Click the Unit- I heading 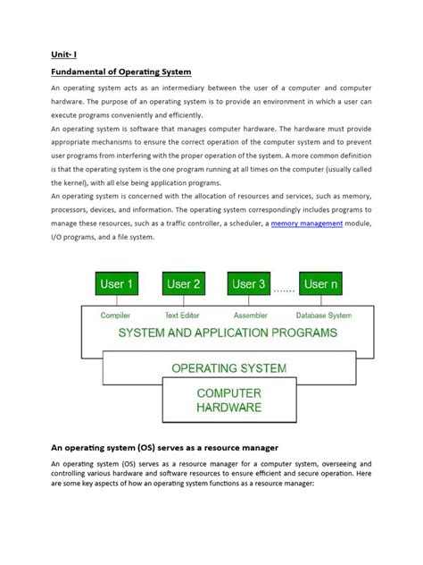tap(63, 53)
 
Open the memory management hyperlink tap(307, 223)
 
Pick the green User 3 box tap(249, 285)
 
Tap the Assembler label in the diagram tap(250, 315)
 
